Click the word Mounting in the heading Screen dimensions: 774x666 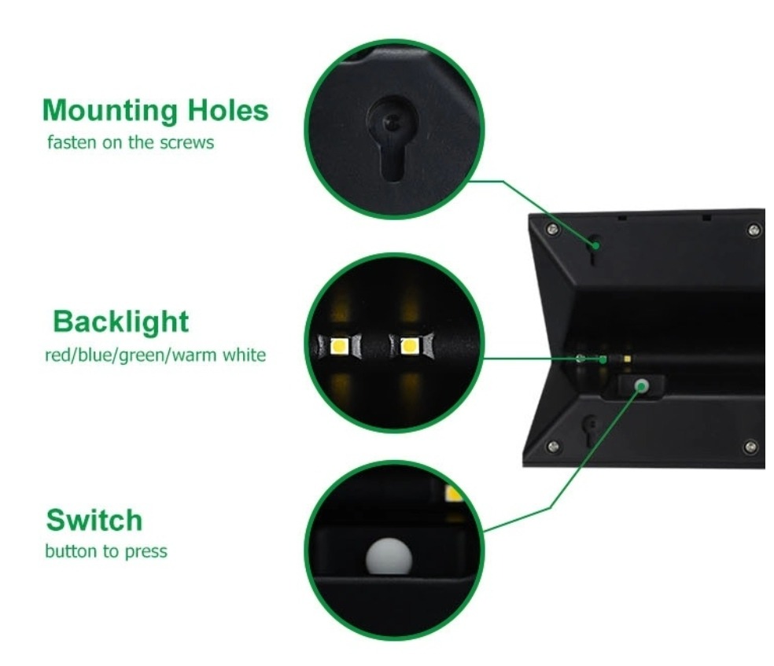[x=109, y=111]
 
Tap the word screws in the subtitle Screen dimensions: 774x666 [x=186, y=142]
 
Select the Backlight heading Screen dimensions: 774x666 [x=120, y=322]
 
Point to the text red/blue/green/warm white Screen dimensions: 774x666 [x=155, y=355]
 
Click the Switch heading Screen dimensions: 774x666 [x=94, y=520]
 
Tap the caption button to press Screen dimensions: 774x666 [x=106, y=551]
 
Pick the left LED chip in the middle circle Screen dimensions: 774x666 [x=339, y=346]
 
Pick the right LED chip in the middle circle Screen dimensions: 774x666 [x=409, y=346]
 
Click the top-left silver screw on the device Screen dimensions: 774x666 [x=553, y=229]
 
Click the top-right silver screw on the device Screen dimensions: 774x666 [x=754, y=230]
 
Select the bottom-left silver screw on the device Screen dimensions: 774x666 [x=553, y=447]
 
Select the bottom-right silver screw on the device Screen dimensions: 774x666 [x=751, y=447]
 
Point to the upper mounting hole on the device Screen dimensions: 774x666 [x=595, y=248]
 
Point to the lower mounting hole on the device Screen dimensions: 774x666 [x=589, y=429]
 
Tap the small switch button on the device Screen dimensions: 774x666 [x=642, y=386]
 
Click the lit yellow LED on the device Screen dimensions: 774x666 [x=627, y=359]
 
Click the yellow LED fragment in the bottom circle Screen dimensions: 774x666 [x=453, y=493]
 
